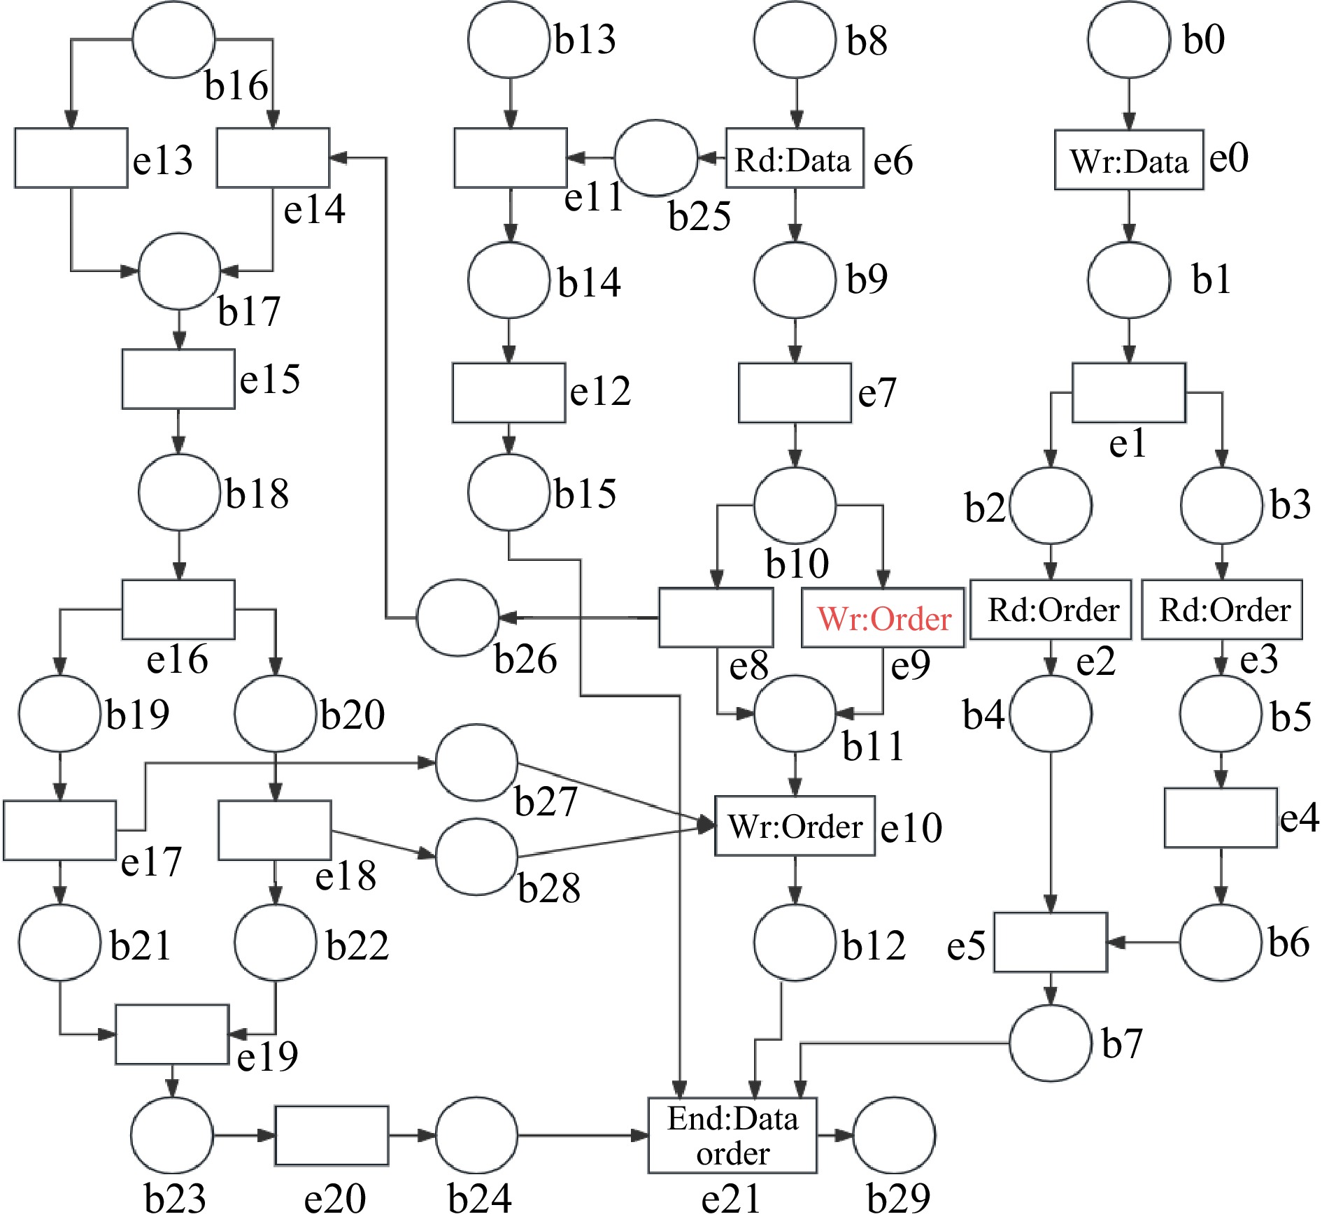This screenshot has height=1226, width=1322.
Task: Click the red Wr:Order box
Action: [883, 618]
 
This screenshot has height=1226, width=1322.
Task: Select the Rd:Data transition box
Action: [795, 158]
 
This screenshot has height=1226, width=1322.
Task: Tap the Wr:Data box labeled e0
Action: [1129, 160]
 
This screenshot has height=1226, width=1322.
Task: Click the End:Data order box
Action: [732, 1136]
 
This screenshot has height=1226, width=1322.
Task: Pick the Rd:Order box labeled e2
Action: [1051, 610]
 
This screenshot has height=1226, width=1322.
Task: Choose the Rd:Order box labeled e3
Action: [1221, 610]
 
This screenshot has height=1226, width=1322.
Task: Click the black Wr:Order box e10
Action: [795, 826]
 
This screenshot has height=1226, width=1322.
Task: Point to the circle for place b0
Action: [1128, 39]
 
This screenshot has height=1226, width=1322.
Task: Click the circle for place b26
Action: [458, 618]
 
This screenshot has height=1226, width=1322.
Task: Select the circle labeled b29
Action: [894, 1135]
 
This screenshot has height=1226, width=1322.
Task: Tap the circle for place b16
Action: [173, 39]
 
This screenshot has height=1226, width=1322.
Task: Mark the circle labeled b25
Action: [655, 158]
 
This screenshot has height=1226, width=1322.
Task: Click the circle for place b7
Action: [1051, 1043]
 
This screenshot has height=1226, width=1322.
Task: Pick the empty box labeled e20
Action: [332, 1136]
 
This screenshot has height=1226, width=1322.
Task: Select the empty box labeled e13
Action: [71, 158]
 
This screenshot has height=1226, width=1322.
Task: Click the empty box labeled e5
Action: [1051, 943]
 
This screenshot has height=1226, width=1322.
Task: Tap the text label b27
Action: [546, 801]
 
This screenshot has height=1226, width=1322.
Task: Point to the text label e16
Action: [177, 660]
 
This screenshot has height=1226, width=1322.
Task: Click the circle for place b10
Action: [795, 505]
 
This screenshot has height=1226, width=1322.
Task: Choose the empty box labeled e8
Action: [716, 618]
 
